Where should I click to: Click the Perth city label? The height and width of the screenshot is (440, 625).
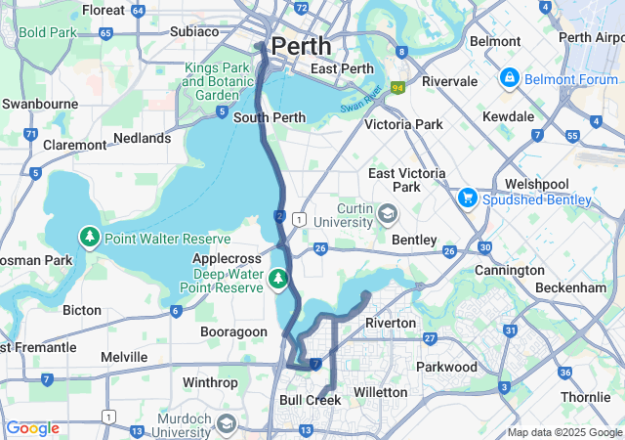[301, 46]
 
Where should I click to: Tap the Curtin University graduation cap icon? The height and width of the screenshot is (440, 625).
[388, 213]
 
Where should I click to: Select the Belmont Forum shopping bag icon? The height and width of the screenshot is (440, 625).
[509, 76]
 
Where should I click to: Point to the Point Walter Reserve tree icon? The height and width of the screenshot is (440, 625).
[90, 238]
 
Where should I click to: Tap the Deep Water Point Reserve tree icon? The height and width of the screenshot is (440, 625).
[279, 279]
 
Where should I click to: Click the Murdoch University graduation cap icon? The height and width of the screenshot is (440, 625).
[227, 423]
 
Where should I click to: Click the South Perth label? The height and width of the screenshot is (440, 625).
[264, 118]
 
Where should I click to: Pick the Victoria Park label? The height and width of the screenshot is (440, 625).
[402, 124]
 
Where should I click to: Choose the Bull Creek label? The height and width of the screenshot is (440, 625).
[310, 400]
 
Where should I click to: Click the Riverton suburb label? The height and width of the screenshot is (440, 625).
[390, 323]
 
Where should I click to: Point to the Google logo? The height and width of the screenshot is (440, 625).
[32, 428]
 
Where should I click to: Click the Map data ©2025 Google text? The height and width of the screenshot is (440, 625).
[564, 432]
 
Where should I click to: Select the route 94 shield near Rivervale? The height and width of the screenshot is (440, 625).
[397, 88]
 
